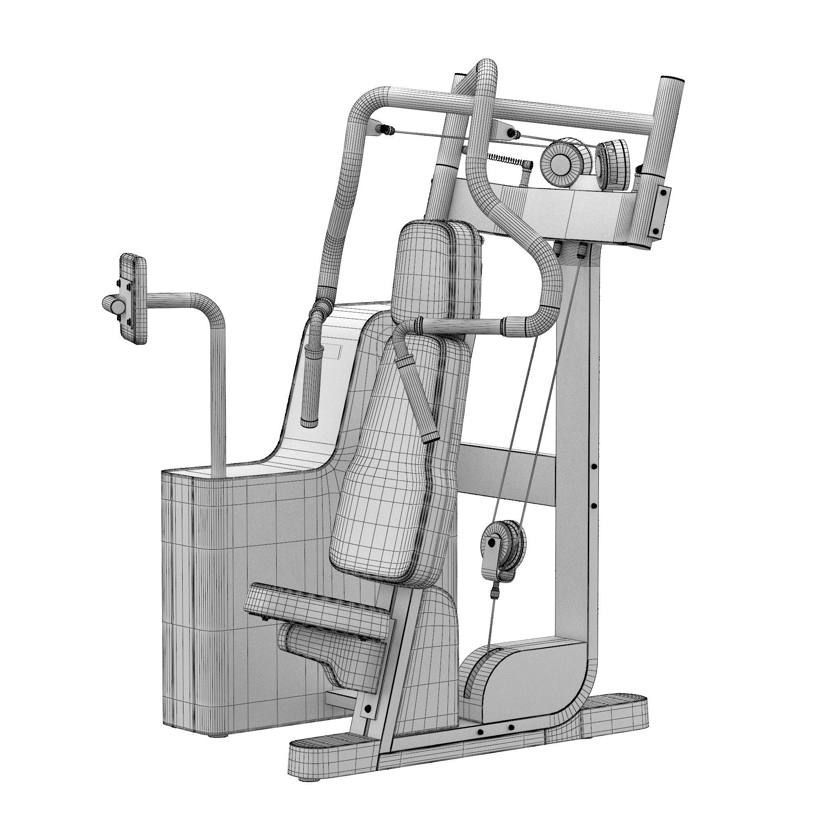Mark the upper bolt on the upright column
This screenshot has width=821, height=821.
(594, 467)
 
